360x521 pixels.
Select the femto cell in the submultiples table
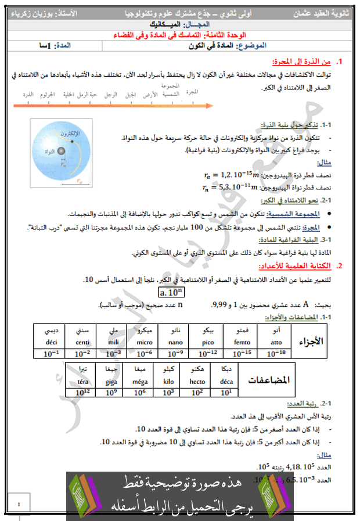(242, 343)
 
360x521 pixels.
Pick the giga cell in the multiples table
(111, 382)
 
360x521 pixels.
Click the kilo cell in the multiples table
(168, 382)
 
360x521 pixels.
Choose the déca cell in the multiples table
(226, 382)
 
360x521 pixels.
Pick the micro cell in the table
(142, 343)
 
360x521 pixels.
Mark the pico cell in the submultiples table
(208, 343)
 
